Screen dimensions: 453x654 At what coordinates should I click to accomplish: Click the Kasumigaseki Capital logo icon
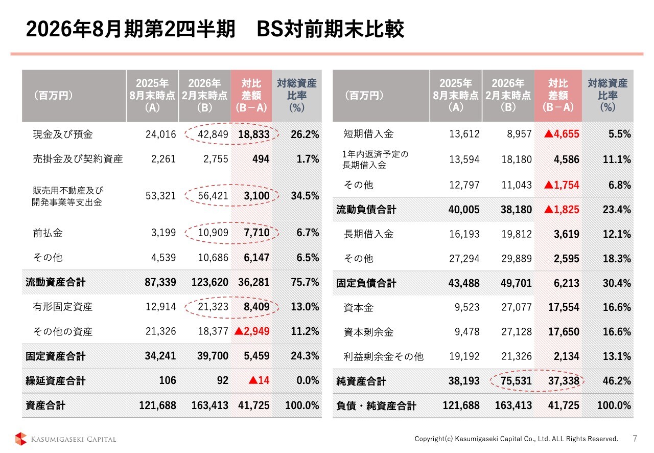click(x=21, y=439)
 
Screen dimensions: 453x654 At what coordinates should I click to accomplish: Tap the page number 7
click(x=635, y=438)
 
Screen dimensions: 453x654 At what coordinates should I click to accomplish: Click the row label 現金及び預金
click(x=63, y=134)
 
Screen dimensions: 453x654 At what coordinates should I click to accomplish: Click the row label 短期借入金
click(x=368, y=134)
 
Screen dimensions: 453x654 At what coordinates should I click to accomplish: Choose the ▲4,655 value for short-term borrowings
click(x=562, y=134)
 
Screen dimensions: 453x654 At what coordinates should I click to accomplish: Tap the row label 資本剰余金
click(x=368, y=332)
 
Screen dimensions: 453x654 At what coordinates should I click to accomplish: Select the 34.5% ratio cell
click(x=305, y=195)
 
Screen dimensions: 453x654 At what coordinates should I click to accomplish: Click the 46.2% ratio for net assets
click(x=616, y=381)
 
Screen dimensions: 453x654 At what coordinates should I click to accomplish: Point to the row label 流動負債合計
click(x=366, y=210)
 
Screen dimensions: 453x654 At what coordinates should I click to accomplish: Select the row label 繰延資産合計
click(x=55, y=381)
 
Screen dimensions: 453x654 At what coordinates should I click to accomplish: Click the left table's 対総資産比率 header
click(x=297, y=96)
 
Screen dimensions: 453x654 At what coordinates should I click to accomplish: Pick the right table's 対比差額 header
click(x=558, y=96)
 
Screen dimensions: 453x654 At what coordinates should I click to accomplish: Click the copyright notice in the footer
click(x=516, y=439)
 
